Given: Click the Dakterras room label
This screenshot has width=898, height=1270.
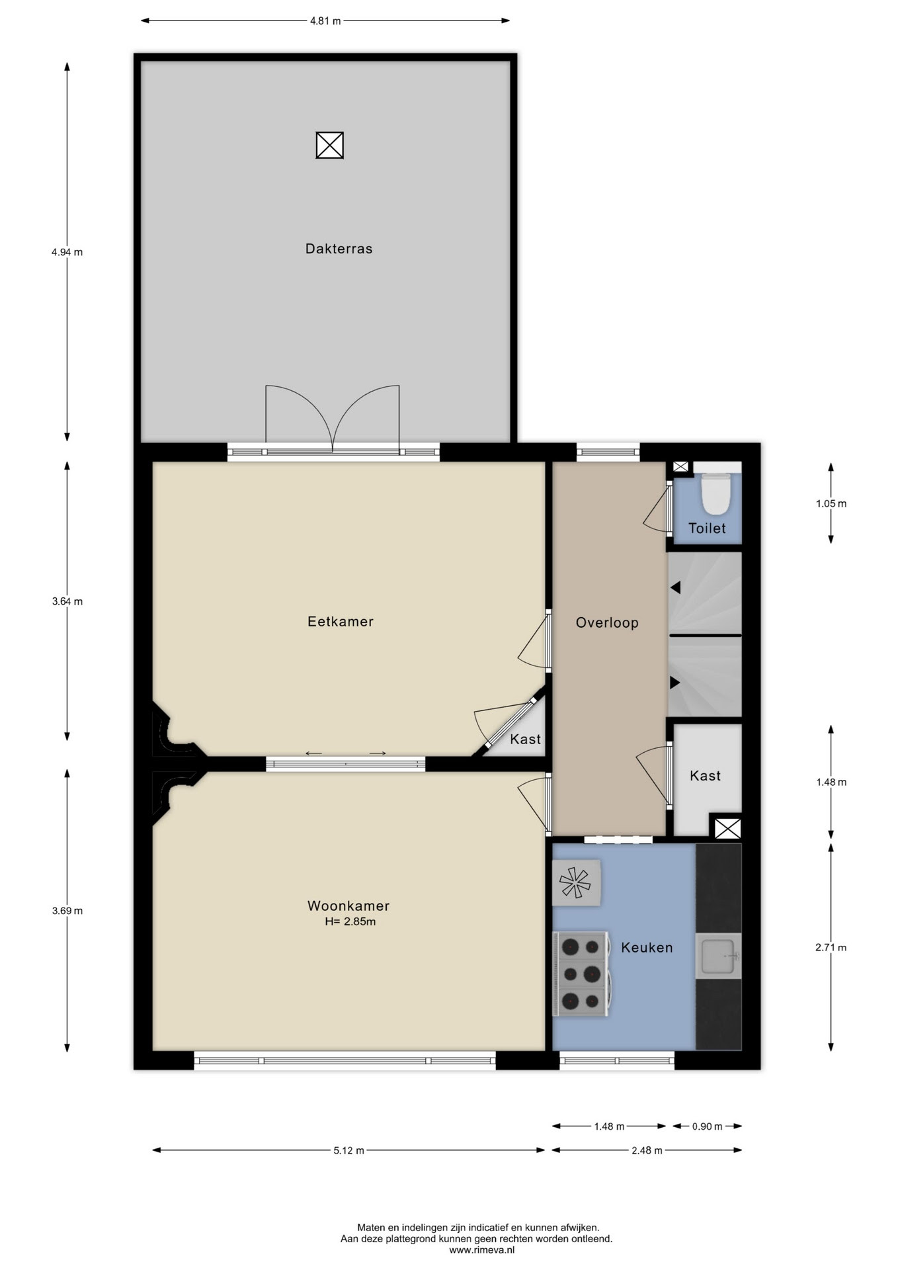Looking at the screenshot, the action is click(x=339, y=249).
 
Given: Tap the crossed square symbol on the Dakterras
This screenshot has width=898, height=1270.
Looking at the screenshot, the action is click(x=329, y=145).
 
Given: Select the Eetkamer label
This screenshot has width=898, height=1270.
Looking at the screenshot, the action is click(x=341, y=621).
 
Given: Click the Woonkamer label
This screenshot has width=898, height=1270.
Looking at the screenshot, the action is click(x=348, y=906).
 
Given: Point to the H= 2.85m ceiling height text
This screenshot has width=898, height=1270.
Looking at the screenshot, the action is click(x=350, y=921).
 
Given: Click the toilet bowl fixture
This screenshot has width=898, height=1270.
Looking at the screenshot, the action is click(x=715, y=493).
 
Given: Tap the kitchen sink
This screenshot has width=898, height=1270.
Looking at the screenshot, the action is click(x=718, y=956).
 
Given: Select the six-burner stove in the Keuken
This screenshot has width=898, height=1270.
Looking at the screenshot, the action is click(x=581, y=974).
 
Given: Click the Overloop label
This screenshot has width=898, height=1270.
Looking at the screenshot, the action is click(x=607, y=622).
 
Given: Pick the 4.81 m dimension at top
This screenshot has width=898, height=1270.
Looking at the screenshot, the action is click(x=325, y=21).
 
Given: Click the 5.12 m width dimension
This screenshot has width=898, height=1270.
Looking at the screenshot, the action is click(x=348, y=1150).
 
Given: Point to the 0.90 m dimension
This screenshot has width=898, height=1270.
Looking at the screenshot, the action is click(x=707, y=1126).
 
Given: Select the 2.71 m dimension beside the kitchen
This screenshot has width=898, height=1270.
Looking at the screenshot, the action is click(x=831, y=947).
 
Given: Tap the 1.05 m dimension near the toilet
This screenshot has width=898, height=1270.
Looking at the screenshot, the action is click(x=831, y=503).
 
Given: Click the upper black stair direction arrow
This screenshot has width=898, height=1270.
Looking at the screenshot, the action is click(x=675, y=587).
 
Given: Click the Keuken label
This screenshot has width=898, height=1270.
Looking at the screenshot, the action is click(x=647, y=947).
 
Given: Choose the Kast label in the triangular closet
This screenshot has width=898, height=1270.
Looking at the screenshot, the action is click(x=526, y=739).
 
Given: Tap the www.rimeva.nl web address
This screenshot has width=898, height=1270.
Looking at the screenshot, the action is click(x=481, y=1250).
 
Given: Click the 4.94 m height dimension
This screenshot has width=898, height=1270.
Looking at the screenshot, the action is click(x=67, y=252).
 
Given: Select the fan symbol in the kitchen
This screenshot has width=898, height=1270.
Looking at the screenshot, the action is click(x=575, y=882).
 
